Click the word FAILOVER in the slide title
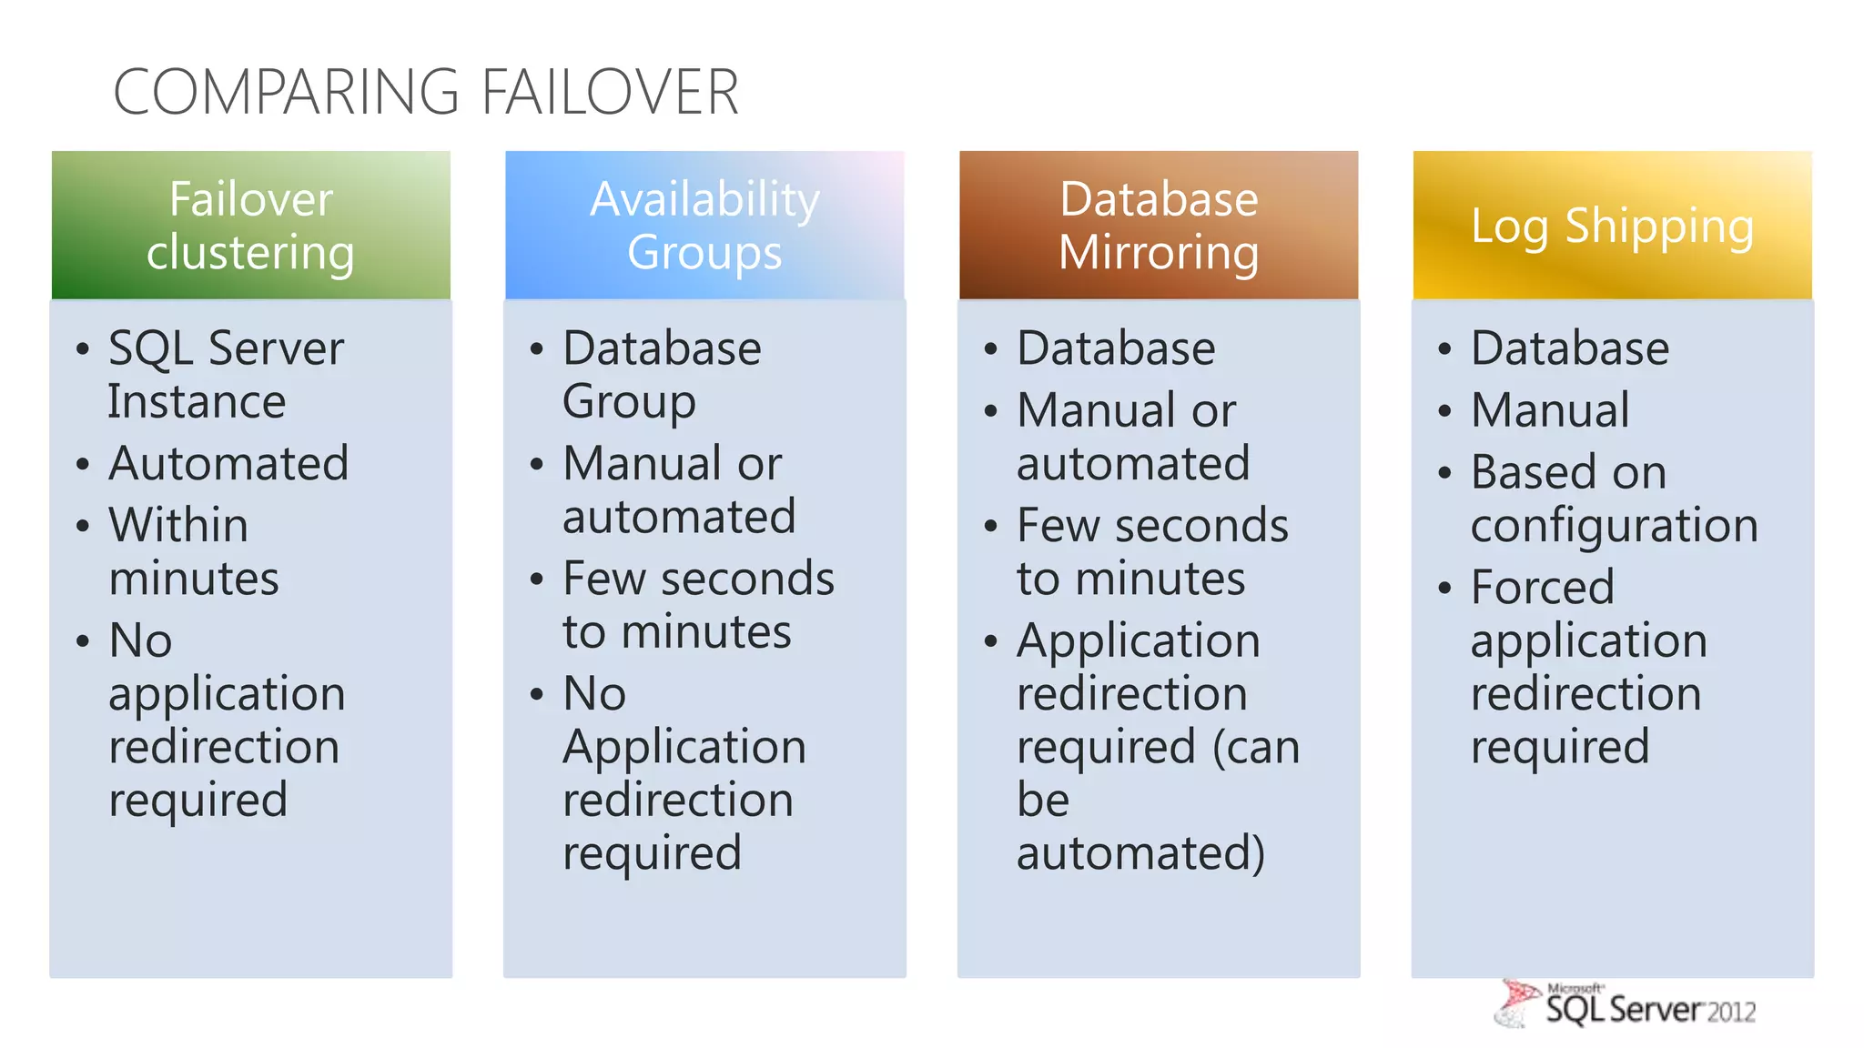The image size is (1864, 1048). (x=610, y=92)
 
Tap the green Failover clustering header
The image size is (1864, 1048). (x=251, y=226)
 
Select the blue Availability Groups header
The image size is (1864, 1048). (x=704, y=226)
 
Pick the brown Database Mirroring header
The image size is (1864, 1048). (x=1159, y=226)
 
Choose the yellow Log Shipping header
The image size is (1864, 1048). (x=1612, y=226)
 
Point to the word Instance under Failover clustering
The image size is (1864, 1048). (x=197, y=402)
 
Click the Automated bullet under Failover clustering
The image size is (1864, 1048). (x=228, y=464)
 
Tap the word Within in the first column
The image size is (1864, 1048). (x=178, y=526)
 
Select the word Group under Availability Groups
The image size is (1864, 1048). (x=629, y=402)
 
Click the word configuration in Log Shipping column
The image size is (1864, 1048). (x=1614, y=526)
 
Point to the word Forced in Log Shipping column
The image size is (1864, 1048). (x=1543, y=587)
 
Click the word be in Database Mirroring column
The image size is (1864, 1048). (x=1043, y=801)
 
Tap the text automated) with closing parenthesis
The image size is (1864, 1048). (x=1140, y=853)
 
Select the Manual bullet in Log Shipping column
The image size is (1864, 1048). (x=1550, y=410)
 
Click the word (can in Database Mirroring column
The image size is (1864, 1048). (x=1257, y=748)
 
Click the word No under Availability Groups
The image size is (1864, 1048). (x=594, y=694)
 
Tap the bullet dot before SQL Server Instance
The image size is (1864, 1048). (x=83, y=349)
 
